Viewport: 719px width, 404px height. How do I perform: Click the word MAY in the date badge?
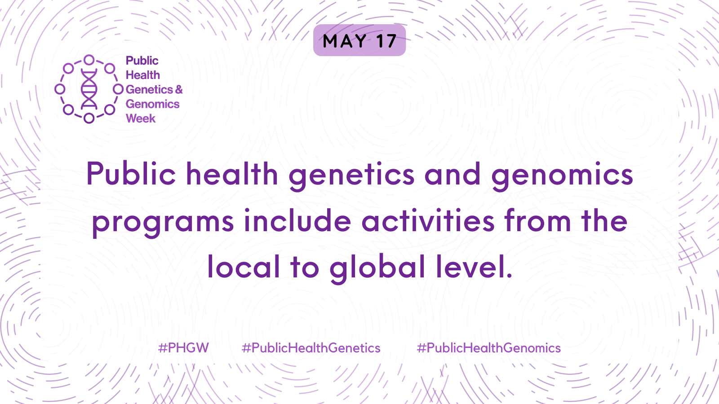(344, 41)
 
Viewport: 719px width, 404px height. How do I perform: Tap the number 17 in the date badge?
(386, 41)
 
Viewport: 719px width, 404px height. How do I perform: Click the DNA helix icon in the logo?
(89, 89)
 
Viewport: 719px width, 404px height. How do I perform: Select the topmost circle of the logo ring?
(89, 60)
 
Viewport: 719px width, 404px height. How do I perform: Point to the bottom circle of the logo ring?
(89, 118)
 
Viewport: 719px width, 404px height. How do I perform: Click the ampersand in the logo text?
(179, 89)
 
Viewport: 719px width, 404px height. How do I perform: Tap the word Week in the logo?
(141, 119)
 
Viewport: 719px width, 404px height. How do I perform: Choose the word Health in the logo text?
(143, 75)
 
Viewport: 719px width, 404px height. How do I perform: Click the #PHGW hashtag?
(183, 348)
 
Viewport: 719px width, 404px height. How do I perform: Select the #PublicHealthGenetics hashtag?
(311, 348)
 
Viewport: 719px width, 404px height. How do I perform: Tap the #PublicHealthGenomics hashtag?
(488, 348)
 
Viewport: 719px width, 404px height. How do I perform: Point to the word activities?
(428, 220)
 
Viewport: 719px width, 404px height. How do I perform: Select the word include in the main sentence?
(297, 220)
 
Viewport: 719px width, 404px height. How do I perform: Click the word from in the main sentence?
(537, 220)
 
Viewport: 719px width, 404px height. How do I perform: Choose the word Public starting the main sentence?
(131, 174)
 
